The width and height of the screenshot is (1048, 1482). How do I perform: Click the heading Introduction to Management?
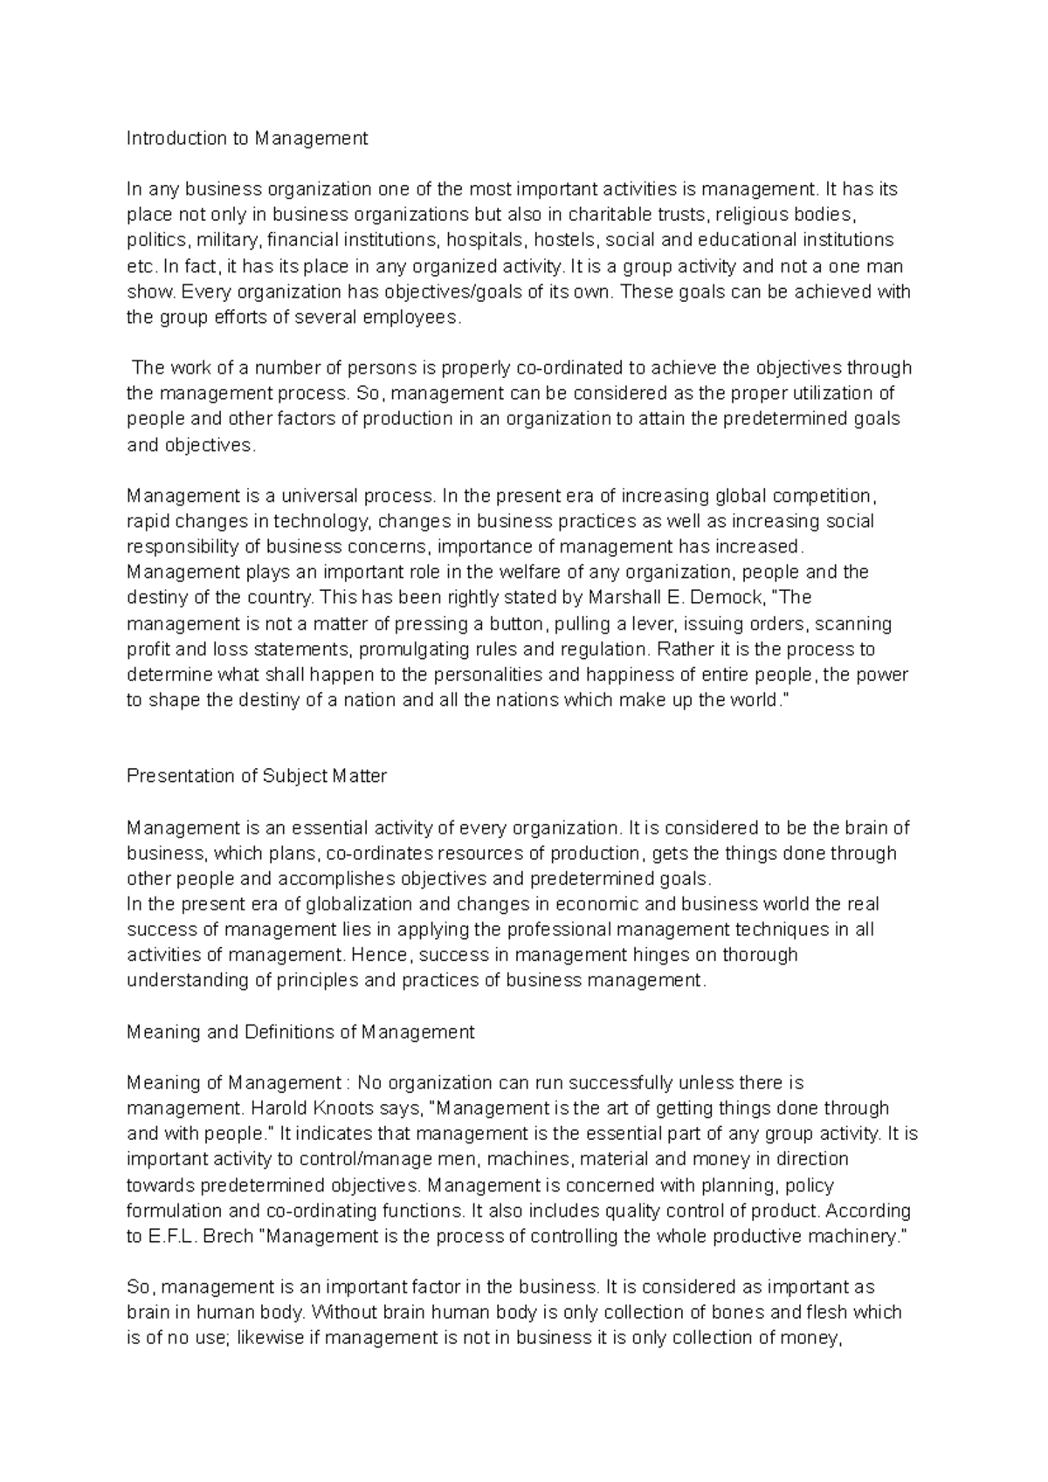[x=247, y=138]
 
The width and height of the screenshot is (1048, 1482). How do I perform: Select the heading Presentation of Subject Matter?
[x=257, y=776]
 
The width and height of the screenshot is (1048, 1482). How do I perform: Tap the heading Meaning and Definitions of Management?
[x=300, y=1032]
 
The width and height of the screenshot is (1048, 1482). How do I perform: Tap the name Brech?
[x=229, y=1237]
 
